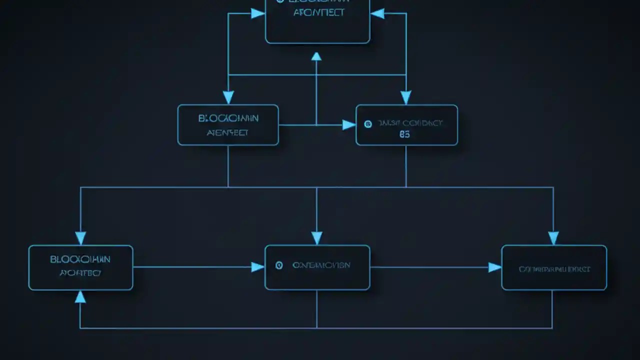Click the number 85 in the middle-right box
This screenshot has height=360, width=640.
(x=404, y=134)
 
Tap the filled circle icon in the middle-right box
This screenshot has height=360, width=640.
(x=368, y=124)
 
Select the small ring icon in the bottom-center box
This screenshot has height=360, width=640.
(x=279, y=265)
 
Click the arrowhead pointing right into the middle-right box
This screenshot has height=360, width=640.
(x=349, y=125)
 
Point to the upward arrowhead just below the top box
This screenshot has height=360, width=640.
(x=316, y=56)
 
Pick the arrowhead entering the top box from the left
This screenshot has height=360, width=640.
(x=258, y=13)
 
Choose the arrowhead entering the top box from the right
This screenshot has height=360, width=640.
(x=377, y=13)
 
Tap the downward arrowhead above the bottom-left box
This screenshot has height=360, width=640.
(x=80, y=238)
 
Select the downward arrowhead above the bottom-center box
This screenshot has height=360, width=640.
(x=316, y=238)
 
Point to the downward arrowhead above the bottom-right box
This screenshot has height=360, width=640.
(x=553, y=238)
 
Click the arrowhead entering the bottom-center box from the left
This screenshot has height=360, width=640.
(x=257, y=267)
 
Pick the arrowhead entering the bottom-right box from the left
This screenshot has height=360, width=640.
(x=494, y=267)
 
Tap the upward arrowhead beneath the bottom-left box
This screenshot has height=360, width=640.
(x=80, y=297)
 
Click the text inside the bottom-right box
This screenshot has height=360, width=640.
(x=554, y=269)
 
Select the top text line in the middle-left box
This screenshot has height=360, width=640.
(x=228, y=118)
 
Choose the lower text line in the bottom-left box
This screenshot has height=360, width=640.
(x=80, y=273)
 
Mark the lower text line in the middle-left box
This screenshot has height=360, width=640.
(x=227, y=133)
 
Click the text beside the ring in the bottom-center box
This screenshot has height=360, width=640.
(x=321, y=265)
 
